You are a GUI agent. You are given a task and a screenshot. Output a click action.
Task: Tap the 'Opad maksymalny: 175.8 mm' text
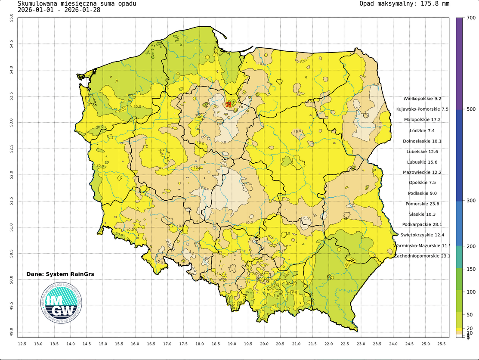[404, 4]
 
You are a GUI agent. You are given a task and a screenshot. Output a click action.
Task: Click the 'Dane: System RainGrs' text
[60, 274]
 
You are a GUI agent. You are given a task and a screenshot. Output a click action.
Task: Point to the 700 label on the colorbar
[471, 18]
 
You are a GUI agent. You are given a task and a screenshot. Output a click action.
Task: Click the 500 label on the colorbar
[471, 109]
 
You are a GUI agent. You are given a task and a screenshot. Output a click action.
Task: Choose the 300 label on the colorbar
[471, 201]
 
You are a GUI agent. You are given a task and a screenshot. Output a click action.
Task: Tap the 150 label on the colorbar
[471, 269]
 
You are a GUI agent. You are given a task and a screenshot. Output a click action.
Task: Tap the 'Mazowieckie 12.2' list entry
[422, 172]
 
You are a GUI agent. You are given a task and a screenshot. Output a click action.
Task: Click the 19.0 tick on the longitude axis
[232, 344]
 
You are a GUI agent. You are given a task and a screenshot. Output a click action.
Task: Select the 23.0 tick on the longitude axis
[361, 344]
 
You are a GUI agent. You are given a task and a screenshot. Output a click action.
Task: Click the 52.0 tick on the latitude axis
[12, 175]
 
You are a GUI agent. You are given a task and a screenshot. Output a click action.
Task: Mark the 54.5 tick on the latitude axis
[12, 44]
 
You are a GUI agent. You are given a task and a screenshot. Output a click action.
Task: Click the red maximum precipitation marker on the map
[229, 104]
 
